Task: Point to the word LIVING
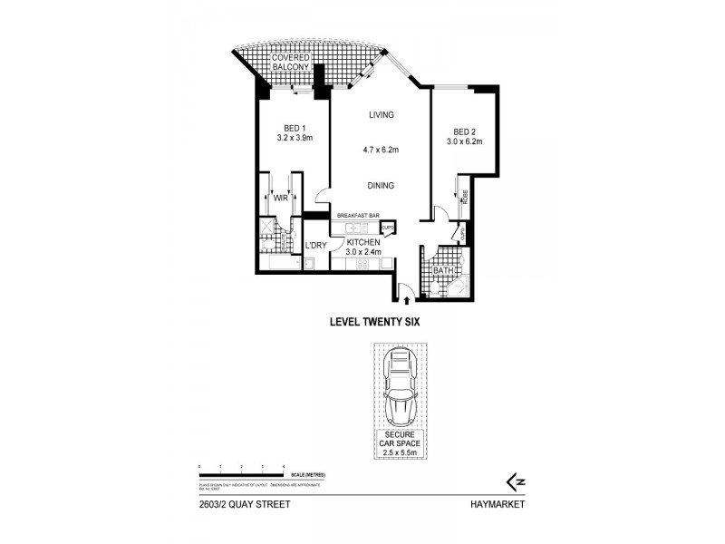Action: point(381,115)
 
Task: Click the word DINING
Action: point(381,186)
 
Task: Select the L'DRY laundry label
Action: point(314,246)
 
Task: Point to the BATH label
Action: point(443,270)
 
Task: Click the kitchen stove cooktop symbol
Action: point(362,264)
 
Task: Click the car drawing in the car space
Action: point(398,391)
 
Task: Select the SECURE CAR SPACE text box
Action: point(398,444)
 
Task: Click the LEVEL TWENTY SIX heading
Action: point(372,321)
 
